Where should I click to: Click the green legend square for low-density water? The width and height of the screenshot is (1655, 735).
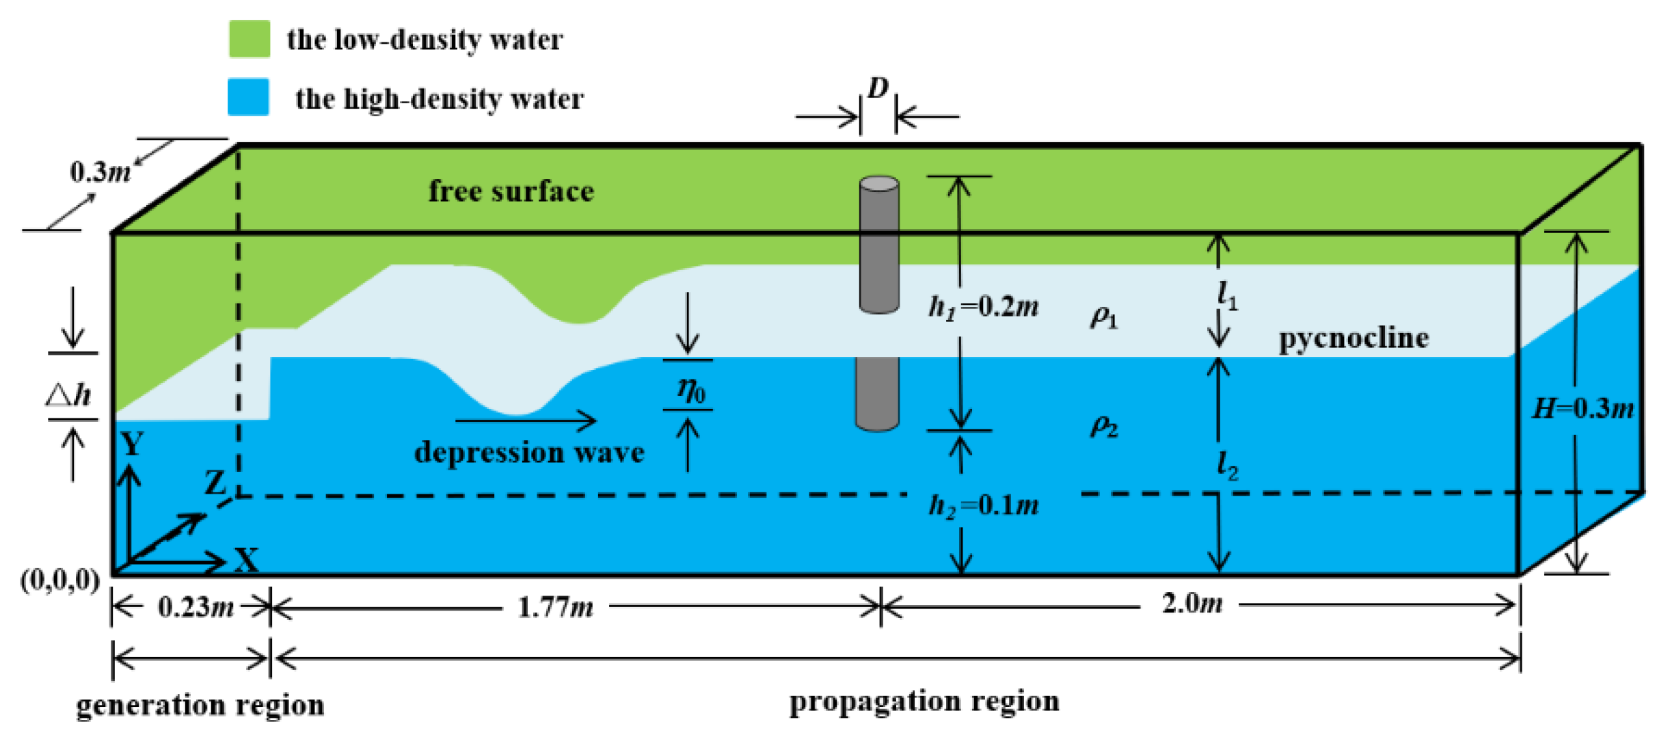tap(249, 38)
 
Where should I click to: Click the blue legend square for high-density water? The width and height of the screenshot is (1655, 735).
tap(247, 97)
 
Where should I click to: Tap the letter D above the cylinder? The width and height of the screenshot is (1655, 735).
tap(877, 88)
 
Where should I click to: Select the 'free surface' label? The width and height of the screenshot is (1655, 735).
tap(511, 191)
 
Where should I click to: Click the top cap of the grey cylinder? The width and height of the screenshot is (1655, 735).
tap(878, 183)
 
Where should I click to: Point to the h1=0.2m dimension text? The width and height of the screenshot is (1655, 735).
tap(983, 307)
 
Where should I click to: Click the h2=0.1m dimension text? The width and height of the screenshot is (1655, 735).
tap(983, 506)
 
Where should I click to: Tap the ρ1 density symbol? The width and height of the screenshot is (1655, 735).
tap(1103, 317)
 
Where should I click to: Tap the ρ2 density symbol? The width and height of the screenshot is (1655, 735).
tap(1103, 426)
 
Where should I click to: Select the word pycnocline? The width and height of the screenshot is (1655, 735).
tap(1354, 338)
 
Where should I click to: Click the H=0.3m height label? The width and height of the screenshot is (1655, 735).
tap(1583, 409)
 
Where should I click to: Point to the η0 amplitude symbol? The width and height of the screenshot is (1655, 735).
tap(690, 389)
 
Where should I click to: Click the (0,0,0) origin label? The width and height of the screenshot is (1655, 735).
tap(60, 580)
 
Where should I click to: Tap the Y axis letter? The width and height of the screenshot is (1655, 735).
tap(132, 444)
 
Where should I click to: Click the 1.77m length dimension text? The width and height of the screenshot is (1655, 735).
tap(555, 606)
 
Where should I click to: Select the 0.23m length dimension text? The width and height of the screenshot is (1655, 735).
tap(196, 606)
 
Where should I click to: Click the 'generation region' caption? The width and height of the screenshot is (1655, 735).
tap(200, 705)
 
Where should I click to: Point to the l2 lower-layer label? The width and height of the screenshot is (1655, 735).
tap(1228, 466)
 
